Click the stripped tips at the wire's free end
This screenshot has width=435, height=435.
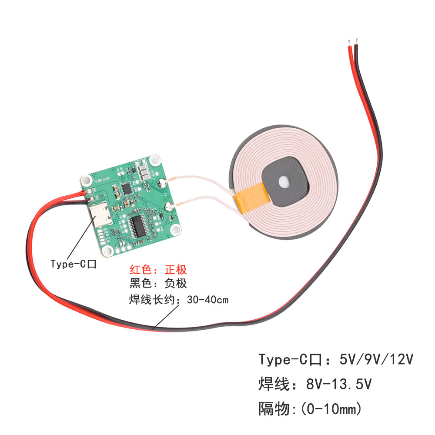point(353,42)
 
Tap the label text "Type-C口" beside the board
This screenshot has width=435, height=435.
point(73,264)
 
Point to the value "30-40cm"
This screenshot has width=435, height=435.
point(207,300)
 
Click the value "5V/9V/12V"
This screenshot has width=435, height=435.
point(375,359)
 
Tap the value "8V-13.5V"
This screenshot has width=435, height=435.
point(339,384)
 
